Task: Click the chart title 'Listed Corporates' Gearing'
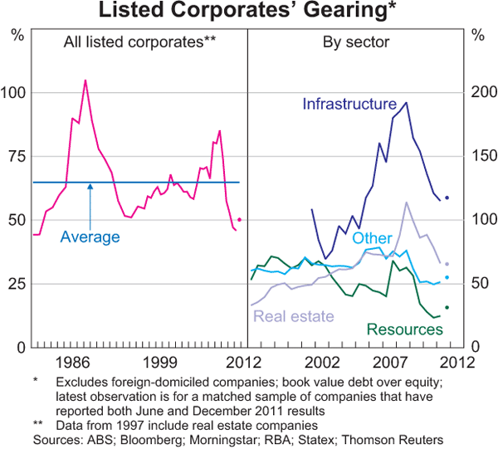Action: click(248, 11)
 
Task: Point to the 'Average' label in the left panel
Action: click(90, 237)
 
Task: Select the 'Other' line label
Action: click(371, 238)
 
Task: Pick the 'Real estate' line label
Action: click(294, 315)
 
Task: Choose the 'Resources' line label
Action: click(404, 329)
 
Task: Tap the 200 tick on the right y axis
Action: click(481, 91)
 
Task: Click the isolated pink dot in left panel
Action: click(240, 220)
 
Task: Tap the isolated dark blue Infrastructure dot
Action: click(447, 198)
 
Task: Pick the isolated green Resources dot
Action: click(447, 308)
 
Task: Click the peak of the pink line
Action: click(85, 81)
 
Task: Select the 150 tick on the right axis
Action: click(481, 155)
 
